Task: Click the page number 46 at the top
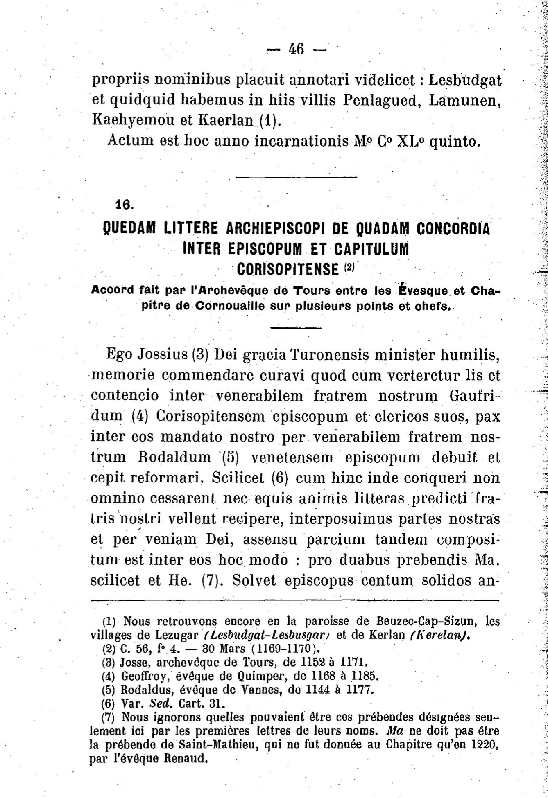coord(297,49)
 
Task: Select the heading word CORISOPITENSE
coord(288,269)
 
